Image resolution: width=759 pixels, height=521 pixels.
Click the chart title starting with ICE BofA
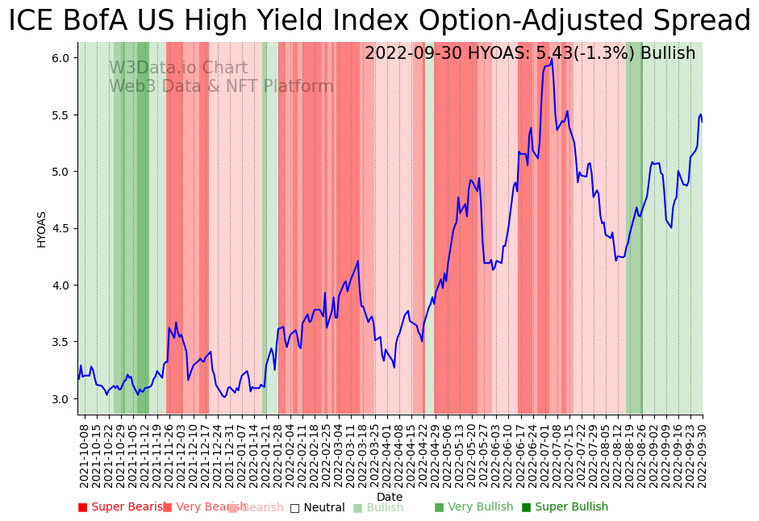point(379,21)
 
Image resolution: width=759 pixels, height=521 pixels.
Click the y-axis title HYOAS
point(42,229)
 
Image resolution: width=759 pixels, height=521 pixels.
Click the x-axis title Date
point(390,497)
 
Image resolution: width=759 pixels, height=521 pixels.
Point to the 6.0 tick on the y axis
point(60,58)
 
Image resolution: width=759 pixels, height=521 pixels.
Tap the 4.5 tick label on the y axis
point(60,228)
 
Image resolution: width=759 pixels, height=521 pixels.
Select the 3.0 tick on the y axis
point(60,398)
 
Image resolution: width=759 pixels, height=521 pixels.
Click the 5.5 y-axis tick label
point(60,115)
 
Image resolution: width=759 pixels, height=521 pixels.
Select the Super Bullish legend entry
point(565,507)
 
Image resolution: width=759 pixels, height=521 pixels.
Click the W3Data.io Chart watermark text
point(178,69)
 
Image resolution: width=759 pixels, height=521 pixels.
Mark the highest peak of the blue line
point(551,58)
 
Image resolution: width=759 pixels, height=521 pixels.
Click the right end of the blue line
point(702,121)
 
